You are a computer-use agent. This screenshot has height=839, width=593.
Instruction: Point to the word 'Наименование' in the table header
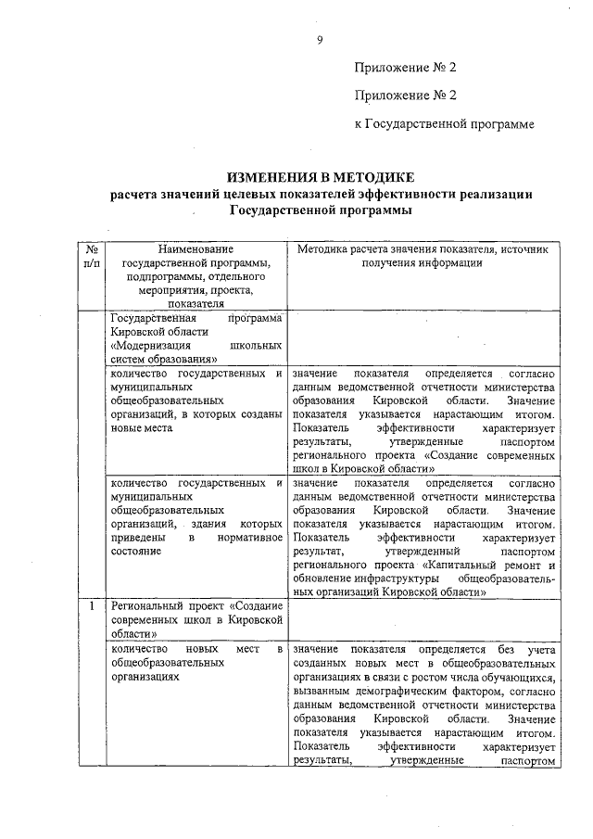[x=196, y=249]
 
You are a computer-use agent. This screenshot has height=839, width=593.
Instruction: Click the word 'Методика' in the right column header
[x=321, y=249]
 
